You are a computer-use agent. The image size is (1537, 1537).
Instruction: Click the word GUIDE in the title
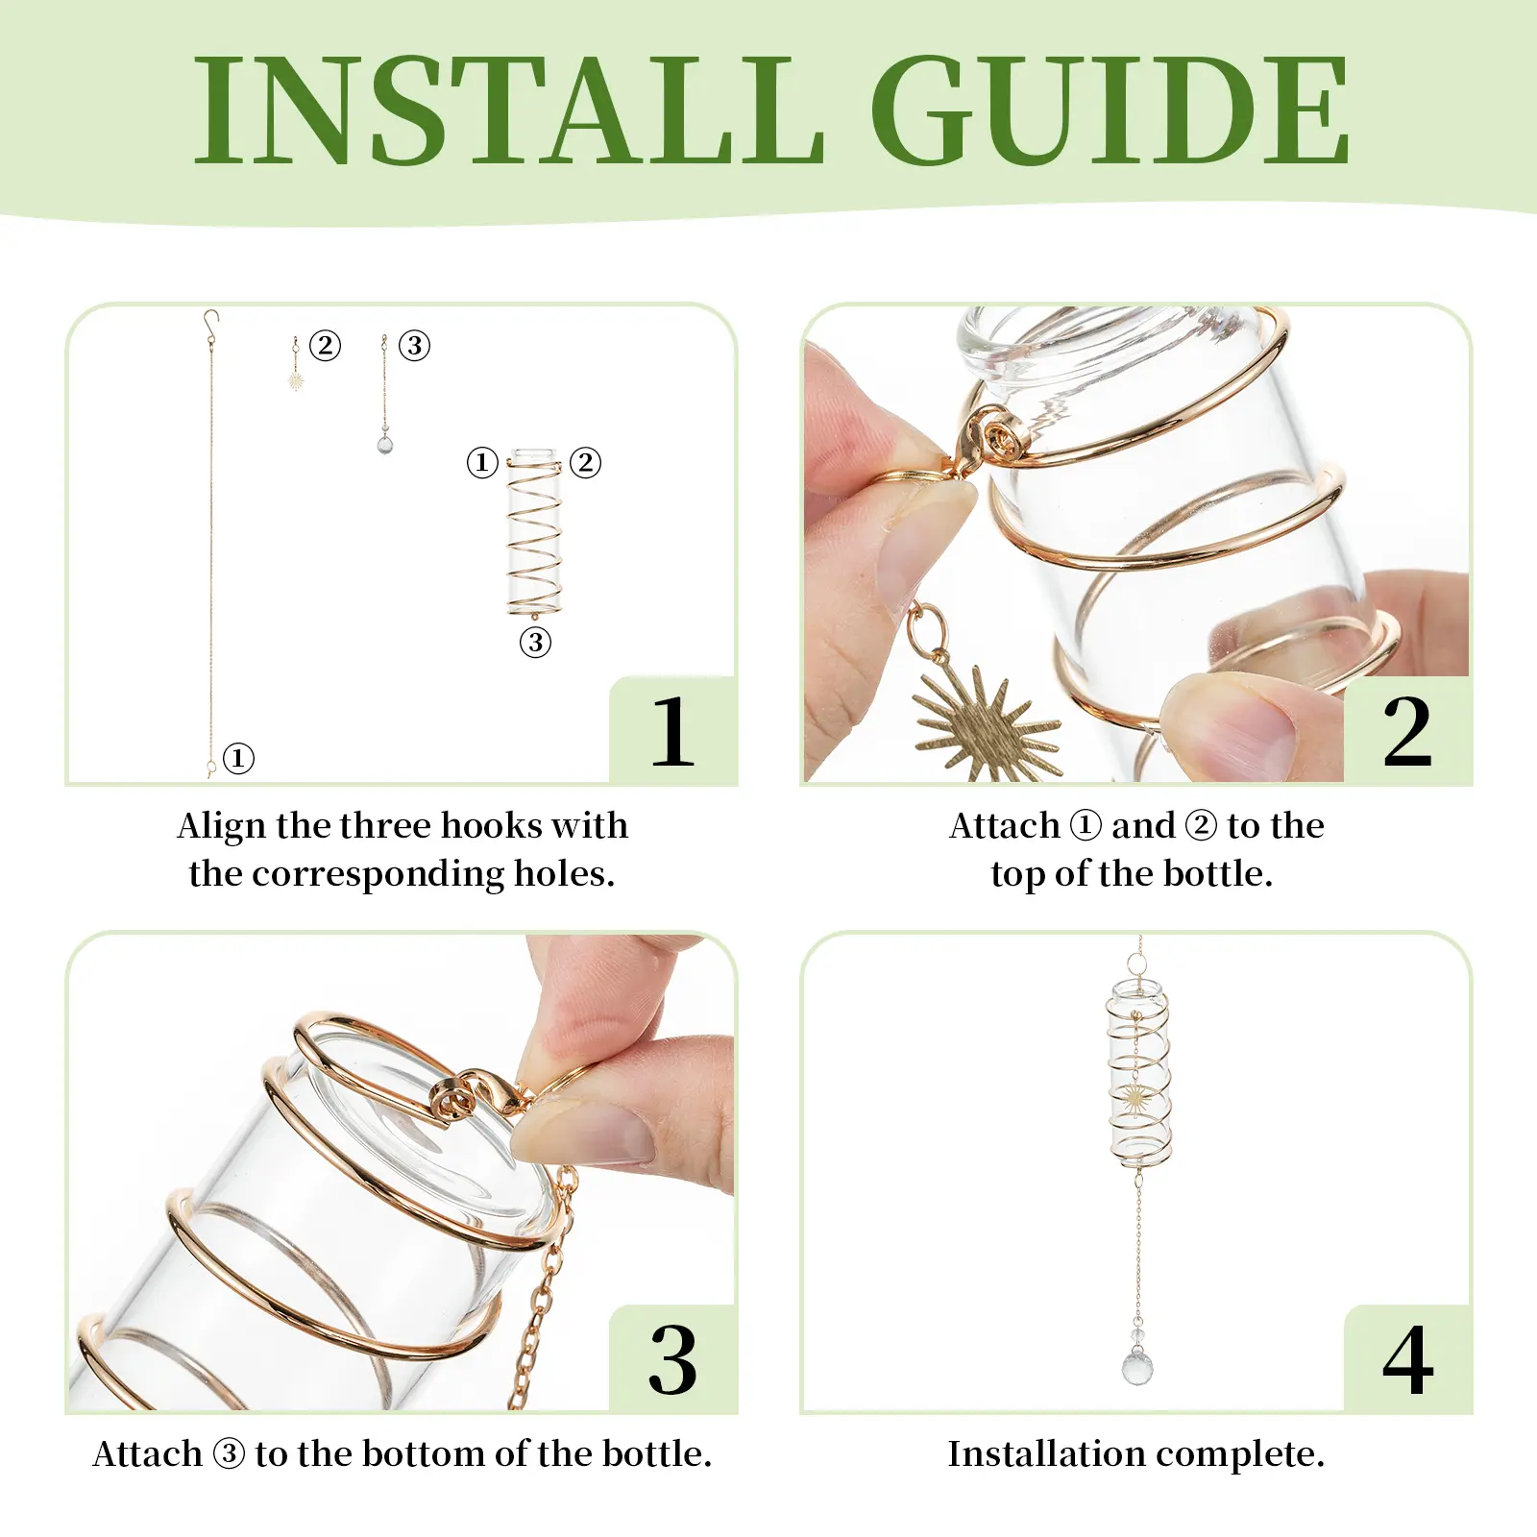pyautogui.click(x=1110, y=110)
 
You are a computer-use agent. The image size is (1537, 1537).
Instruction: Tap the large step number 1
pyautogui.click(x=672, y=732)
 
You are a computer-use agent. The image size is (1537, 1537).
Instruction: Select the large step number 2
pyautogui.click(x=1407, y=732)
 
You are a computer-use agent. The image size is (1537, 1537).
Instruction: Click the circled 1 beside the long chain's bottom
pyautogui.click(x=238, y=758)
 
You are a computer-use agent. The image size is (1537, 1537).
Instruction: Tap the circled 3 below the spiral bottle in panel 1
pyautogui.click(x=535, y=642)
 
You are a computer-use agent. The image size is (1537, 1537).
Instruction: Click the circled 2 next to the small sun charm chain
pyautogui.click(x=325, y=345)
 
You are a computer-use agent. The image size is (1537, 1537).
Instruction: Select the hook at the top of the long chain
pyautogui.click(x=210, y=321)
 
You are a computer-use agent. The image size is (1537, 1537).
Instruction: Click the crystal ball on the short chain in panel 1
pyautogui.click(x=384, y=444)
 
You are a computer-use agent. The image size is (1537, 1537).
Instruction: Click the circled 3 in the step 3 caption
pyautogui.click(x=229, y=1453)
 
